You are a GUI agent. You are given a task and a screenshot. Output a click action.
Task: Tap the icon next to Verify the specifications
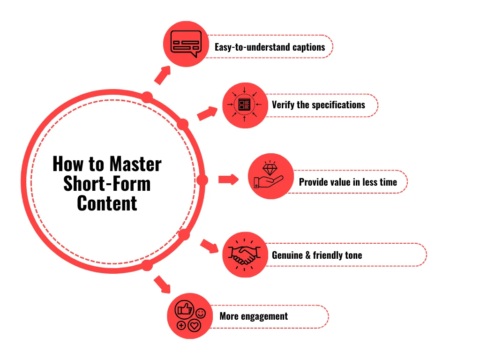245,105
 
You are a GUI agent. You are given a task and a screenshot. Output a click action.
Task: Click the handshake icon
245,255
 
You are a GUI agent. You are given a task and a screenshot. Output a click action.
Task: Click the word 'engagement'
264,316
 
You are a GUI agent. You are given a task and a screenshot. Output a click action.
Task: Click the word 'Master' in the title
135,164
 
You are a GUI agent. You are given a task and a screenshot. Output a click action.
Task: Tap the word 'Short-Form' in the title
107,183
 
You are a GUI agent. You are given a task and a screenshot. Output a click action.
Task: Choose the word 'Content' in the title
107,203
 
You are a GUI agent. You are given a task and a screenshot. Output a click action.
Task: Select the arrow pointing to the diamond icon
229,180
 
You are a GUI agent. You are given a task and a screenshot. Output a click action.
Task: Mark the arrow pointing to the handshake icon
210,246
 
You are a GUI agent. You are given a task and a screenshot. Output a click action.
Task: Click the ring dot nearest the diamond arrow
202,180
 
